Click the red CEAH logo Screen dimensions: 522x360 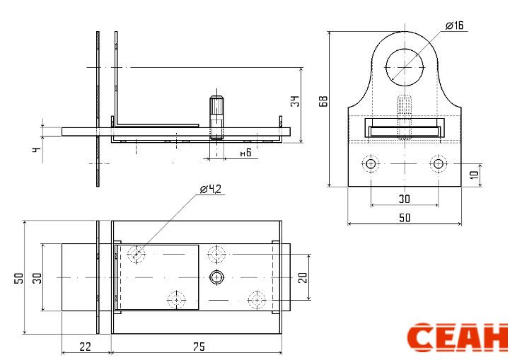point(458,337)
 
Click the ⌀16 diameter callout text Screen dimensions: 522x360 point(454,25)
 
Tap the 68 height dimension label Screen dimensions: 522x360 point(323,101)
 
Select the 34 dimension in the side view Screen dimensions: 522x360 point(295,101)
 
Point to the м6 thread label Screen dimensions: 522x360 point(245,153)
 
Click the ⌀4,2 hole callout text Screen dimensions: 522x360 point(210,189)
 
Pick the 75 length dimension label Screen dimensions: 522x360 point(199,347)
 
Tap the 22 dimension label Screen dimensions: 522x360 point(85,347)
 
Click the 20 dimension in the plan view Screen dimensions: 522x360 point(303,277)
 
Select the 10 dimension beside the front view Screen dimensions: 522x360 point(475,174)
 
